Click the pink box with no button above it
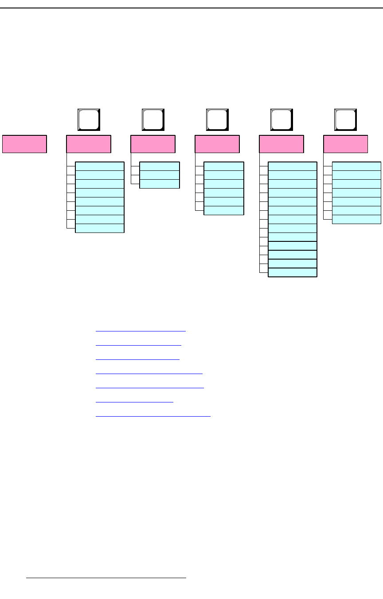click(x=24, y=144)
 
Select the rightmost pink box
click(x=346, y=144)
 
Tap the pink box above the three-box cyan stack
click(x=153, y=144)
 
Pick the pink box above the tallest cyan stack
click(x=281, y=144)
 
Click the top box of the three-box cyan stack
click(x=160, y=166)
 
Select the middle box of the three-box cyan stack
click(x=160, y=175)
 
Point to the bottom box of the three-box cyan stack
click(x=160, y=184)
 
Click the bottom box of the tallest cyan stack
click(x=293, y=272)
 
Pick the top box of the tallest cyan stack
click(x=293, y=166)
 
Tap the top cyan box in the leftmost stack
click(x=100, y=166)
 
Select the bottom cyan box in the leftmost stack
click(x=100, y=228)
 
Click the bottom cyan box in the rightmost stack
click(x=356, y=220)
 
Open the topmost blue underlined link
click(x=141, y=331)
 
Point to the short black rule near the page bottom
click(x=106, y=578)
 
